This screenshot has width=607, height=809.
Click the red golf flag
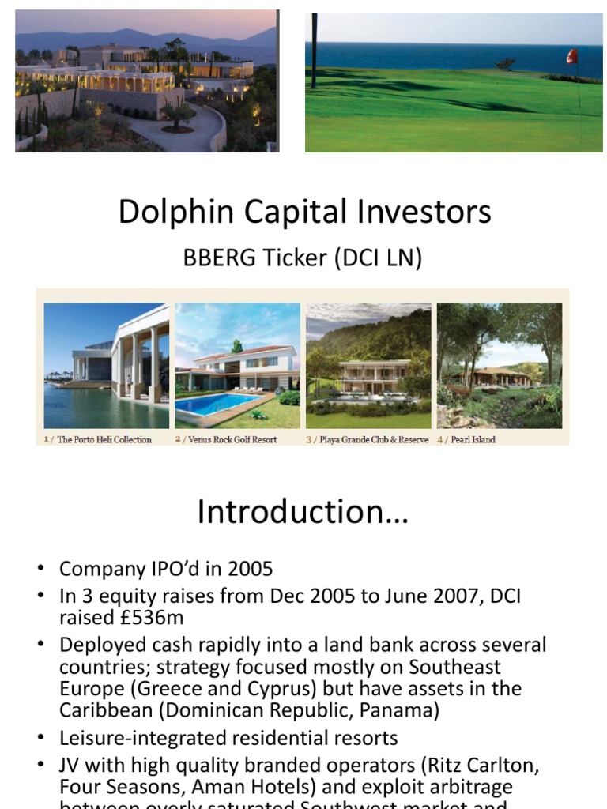[571, 56]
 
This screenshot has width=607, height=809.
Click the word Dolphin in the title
[163, 212]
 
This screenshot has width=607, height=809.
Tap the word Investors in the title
[425, 212]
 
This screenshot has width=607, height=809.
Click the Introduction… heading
[303, 512]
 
